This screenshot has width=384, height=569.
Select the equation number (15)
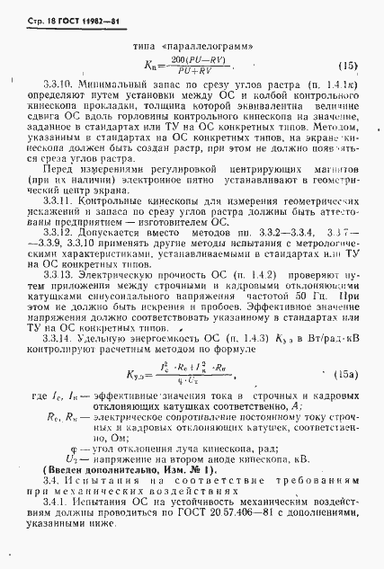point(347,66)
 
